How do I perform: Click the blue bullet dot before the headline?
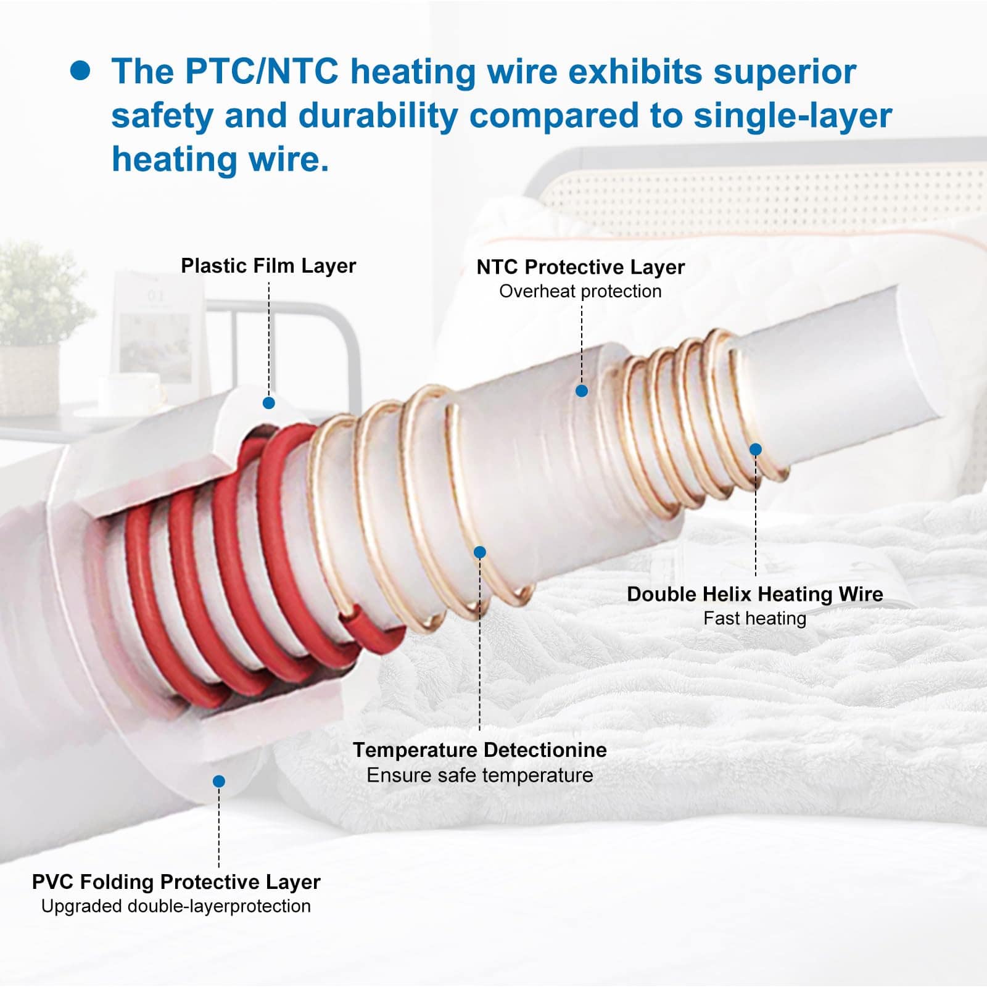pos(80,71)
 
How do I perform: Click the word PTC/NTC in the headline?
pos(262,71)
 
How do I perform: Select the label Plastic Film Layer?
pos(268,266)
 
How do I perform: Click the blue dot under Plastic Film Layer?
pos(268,403)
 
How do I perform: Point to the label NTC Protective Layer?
pos(580,267)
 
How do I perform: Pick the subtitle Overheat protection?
pos(580,291)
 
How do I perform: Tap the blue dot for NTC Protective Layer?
pos(581,390)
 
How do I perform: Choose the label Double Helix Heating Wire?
pos(755,594)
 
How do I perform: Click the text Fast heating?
pos(755,618)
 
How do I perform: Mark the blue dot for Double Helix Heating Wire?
pos(756,450)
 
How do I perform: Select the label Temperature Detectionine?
pos(479,750)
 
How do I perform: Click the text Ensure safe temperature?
pos(479,775)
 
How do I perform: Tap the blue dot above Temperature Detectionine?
pos(480,552)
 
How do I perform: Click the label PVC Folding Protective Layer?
pos(176,882)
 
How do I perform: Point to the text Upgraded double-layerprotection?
pos(176,906)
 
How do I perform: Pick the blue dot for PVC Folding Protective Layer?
pos(218,782)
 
